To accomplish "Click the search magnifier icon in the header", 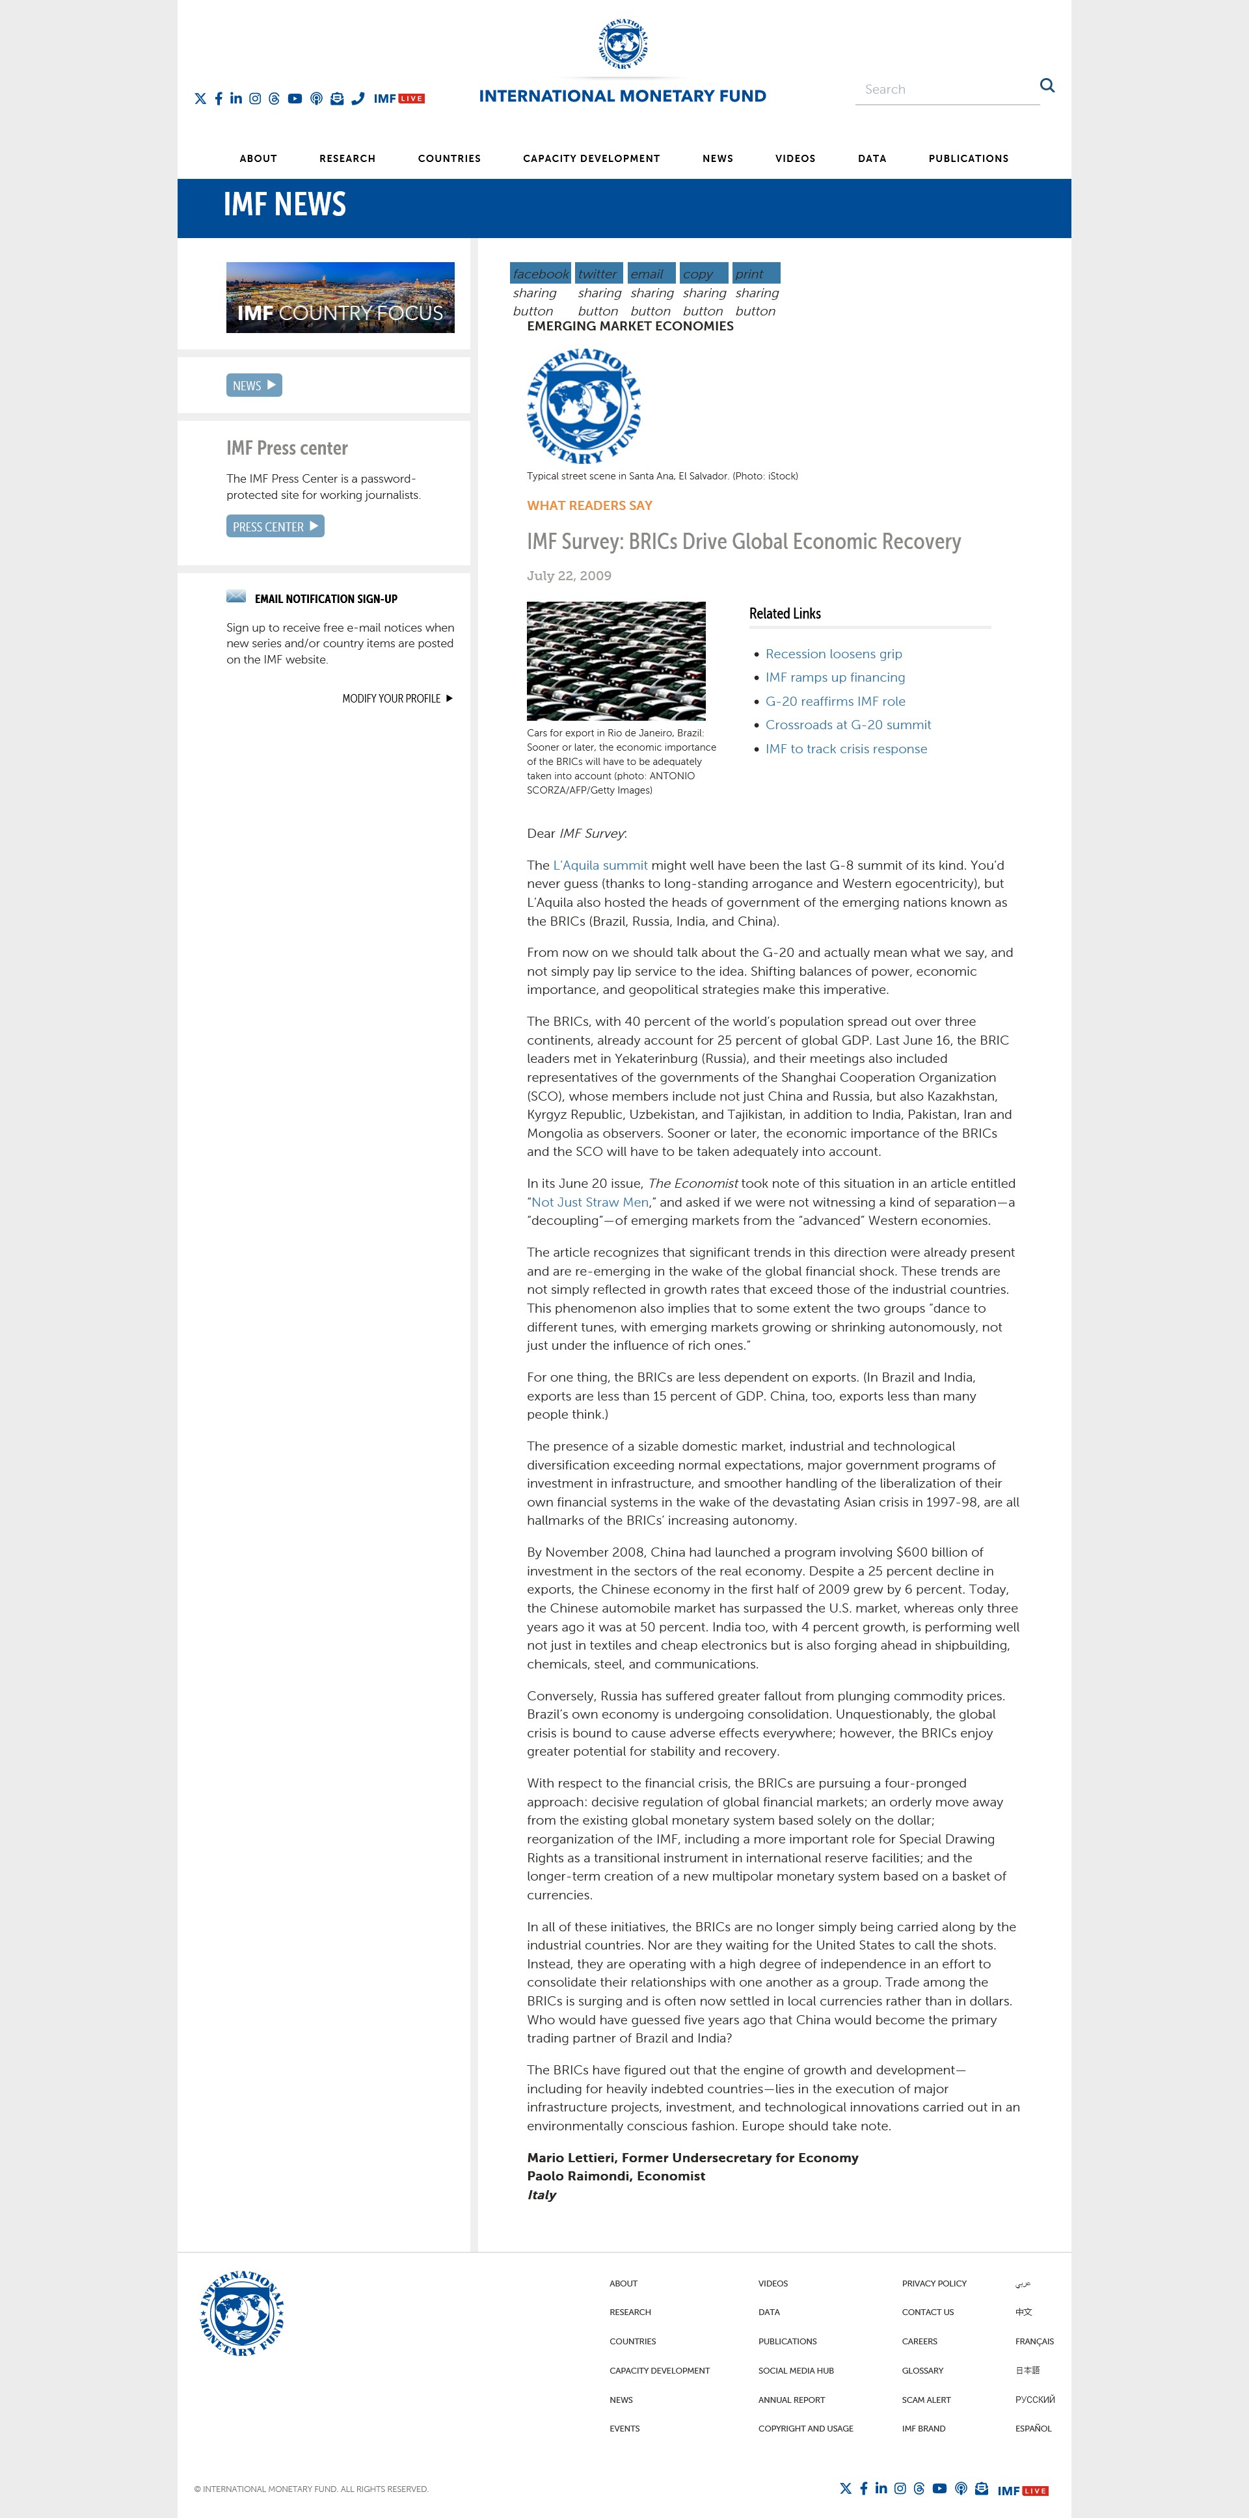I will (x=1047, y=86).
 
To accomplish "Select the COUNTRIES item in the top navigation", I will (x=449, y=158).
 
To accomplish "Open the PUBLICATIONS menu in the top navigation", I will (x=967, y=158).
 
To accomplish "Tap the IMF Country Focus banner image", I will (x=340, y=297).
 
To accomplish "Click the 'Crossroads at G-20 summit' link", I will (x=848, y=725).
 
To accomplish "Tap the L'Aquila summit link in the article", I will (x=600, y=865).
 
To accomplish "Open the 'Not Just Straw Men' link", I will (x=589, y=1202).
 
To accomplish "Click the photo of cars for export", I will (x=615, y=661).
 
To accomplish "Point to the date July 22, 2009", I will (x=569, y=576).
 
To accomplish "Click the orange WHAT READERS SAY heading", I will (x=589, y=505).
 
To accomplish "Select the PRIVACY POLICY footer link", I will (x=933, y=2283).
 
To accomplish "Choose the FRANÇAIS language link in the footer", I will (x=1034, y=2341).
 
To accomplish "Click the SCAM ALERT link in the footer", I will (x=926, y=2400).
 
